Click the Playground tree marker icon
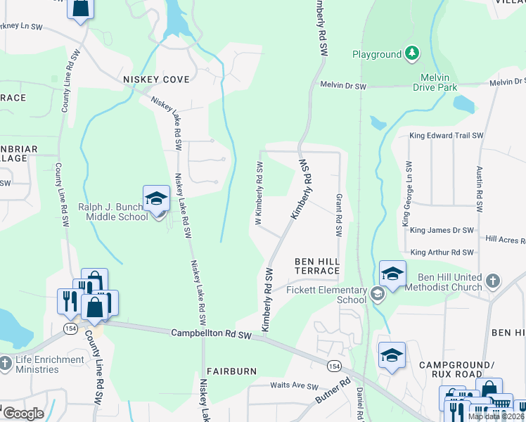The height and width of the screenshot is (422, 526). pyautogui.click(x=412, y=53)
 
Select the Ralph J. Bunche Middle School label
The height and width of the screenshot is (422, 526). pyautogui.click(x=113, y=212)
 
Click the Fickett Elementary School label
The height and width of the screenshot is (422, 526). pyautogui.click(x=326, y=295)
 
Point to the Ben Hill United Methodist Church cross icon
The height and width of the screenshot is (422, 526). pyautogui.click(x=493, y=281)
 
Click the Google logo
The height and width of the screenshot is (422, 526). pyautogui.click(x=23, y=414)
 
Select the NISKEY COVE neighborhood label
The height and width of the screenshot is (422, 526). pyautogui.click(x=156, y=79)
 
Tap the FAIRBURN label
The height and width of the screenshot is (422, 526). pyautogui.click(x=231, y=371)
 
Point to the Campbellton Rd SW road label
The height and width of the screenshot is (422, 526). pyautogui.click(x=212, y=335)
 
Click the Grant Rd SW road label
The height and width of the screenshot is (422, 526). pyautogui.click(x=339, y=215)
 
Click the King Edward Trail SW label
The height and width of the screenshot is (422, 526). pyautogui.click(x=447, y=135)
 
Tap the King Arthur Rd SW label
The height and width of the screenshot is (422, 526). pyautogui.click(x=442, y=252)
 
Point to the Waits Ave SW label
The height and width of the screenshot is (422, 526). pyautogui.click(x=295, y=386)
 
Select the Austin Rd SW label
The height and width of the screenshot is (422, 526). pyautogui.click(x=480, y=190)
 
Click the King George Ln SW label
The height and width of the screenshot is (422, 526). pyautogui.click(x=406, y=194)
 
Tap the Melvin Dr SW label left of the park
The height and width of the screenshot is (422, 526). pyautogui.click(x=344, y=85)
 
